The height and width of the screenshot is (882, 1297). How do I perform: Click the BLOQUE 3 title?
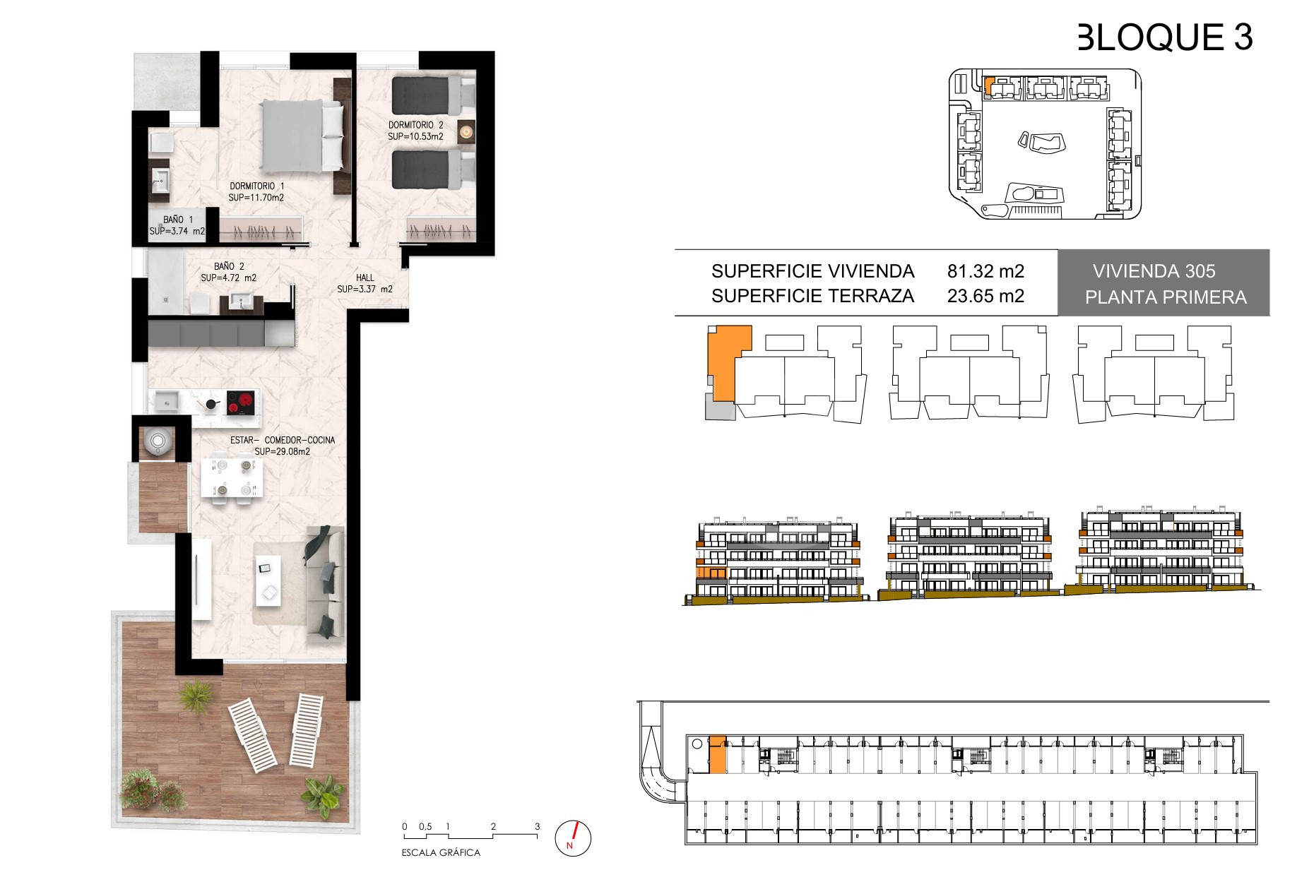pyautogui.click(x=1165, y=37)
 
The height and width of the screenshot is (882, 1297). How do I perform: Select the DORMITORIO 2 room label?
pyautogui.click(x=415, y=125)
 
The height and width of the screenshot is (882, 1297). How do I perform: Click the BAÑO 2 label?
pyautogui.click(x=229, y=266)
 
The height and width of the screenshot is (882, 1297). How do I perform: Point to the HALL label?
pyautogui.click(x=365, y=278)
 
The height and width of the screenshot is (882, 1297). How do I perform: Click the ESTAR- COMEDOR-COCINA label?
pyautogui.click(x=283, y=440)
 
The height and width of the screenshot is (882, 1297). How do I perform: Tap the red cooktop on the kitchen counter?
pyautogui.click(x=240, y=404)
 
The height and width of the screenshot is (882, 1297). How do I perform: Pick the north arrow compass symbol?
pyautogui.click(x=574, y=838)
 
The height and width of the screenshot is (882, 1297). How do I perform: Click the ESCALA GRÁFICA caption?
pyautogui.click(x=441, y=852)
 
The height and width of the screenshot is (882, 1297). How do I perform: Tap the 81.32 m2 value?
pyautogui.click(x=985, y=271)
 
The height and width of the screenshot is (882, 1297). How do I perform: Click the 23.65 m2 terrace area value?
pyautogui.click(x=985, y=296)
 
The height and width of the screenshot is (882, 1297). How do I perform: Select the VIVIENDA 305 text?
pyautogui.click(x=1154, y=271)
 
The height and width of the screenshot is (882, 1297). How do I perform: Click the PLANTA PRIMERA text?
pyautogui.click(x=1166, y=297)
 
